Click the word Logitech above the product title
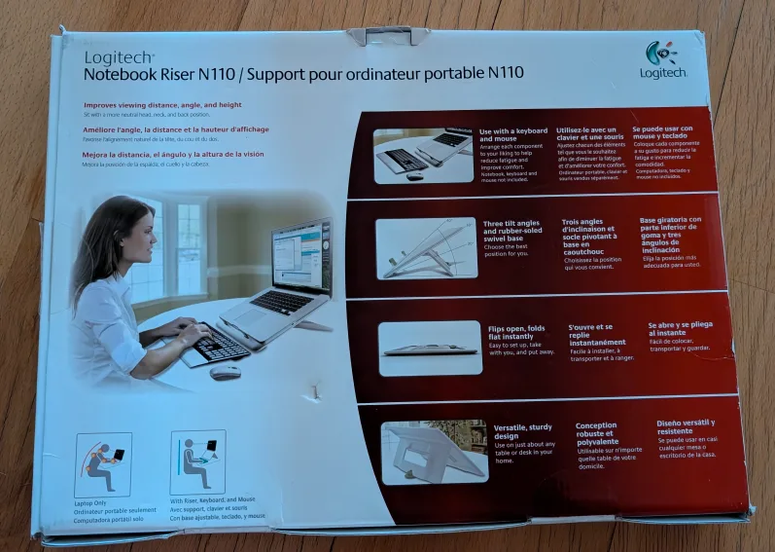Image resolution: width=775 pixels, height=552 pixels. [x=119, y=56]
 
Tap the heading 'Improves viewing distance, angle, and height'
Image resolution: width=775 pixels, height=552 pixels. [x=162, y=105]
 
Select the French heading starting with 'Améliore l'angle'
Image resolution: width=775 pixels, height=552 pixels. [x=176, y=129]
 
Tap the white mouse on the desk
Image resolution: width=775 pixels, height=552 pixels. [x=225, y=372]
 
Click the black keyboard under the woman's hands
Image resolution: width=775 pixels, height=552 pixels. [x=222, y=343]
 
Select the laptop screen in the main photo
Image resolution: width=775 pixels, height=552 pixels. [x=300, y=258]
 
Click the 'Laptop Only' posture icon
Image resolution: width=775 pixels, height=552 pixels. [x=102, y=465]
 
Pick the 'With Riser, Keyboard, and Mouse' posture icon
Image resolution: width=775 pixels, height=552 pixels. [x=197, y=462]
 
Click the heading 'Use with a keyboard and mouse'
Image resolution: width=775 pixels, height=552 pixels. [x=512, y=135]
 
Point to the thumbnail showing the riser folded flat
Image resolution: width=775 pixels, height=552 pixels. [x=430, y=348]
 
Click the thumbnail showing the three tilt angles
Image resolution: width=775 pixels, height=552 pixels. [x=426, y=248]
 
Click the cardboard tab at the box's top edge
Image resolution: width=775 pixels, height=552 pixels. [x=388, y=36]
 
